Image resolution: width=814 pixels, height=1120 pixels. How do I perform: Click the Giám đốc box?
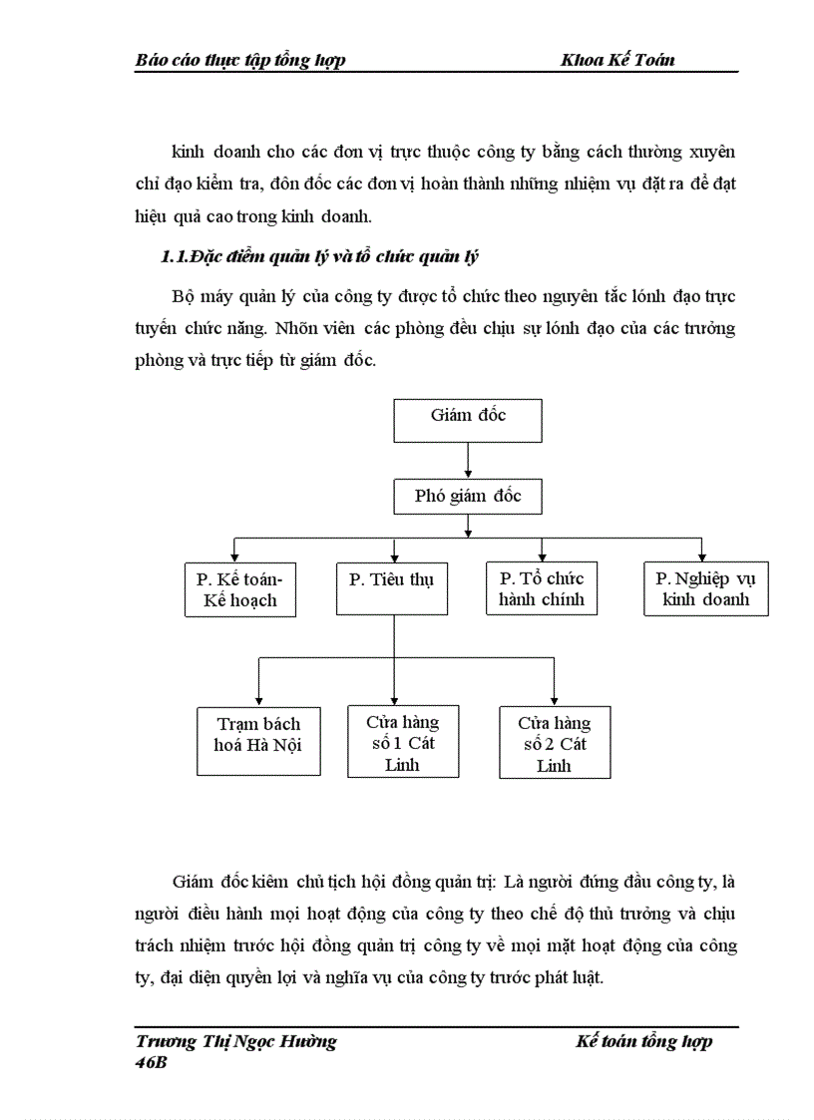(x=468, y=420)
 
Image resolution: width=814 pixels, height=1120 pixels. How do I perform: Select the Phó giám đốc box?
(x=468, y=496)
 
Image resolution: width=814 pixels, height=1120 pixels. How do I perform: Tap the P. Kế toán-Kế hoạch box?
(x=240, y=589)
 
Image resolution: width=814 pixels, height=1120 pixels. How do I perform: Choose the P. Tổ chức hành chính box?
(x=542, y=589)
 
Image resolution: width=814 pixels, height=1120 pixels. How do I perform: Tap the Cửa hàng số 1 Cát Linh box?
(x=403, y=741)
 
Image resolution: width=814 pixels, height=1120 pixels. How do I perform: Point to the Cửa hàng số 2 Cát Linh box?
(x=555, y=743)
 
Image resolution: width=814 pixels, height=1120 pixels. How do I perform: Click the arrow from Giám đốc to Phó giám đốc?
(x=468, y=460)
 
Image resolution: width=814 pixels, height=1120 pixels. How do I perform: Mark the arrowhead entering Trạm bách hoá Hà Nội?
(x=259, y=699)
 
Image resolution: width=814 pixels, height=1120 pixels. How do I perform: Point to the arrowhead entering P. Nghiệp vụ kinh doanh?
(x=702, y=557)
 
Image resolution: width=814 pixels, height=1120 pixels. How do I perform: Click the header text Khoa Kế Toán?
(x=618, y=60)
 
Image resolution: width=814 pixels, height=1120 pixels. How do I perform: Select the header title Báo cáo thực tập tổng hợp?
(x=240, y=60)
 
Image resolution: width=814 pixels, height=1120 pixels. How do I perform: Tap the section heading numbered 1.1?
(x=320, y=257)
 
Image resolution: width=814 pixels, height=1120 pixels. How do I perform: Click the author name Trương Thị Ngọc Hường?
(x=235, y=1041)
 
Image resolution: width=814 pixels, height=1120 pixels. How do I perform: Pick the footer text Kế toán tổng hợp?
(x=644, y=1041)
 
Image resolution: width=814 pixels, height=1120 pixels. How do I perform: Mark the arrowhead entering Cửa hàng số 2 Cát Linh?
(x=555, y=700)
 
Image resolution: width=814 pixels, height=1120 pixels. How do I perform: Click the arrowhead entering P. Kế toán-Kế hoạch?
(x=234, y=557)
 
